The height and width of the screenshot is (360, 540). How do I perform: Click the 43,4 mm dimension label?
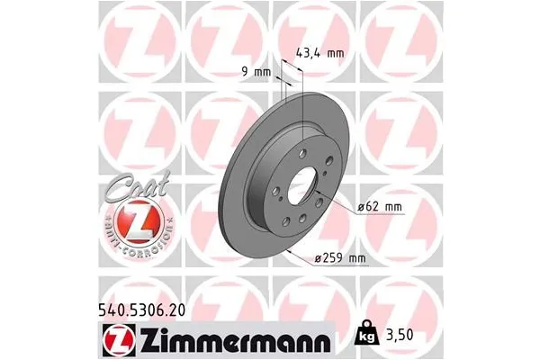(320, 53)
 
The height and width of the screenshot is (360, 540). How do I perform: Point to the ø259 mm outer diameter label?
(339, 260)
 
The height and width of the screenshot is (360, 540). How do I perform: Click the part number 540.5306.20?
(64, 308)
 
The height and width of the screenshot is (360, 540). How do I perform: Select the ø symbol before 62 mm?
(360, 208)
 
